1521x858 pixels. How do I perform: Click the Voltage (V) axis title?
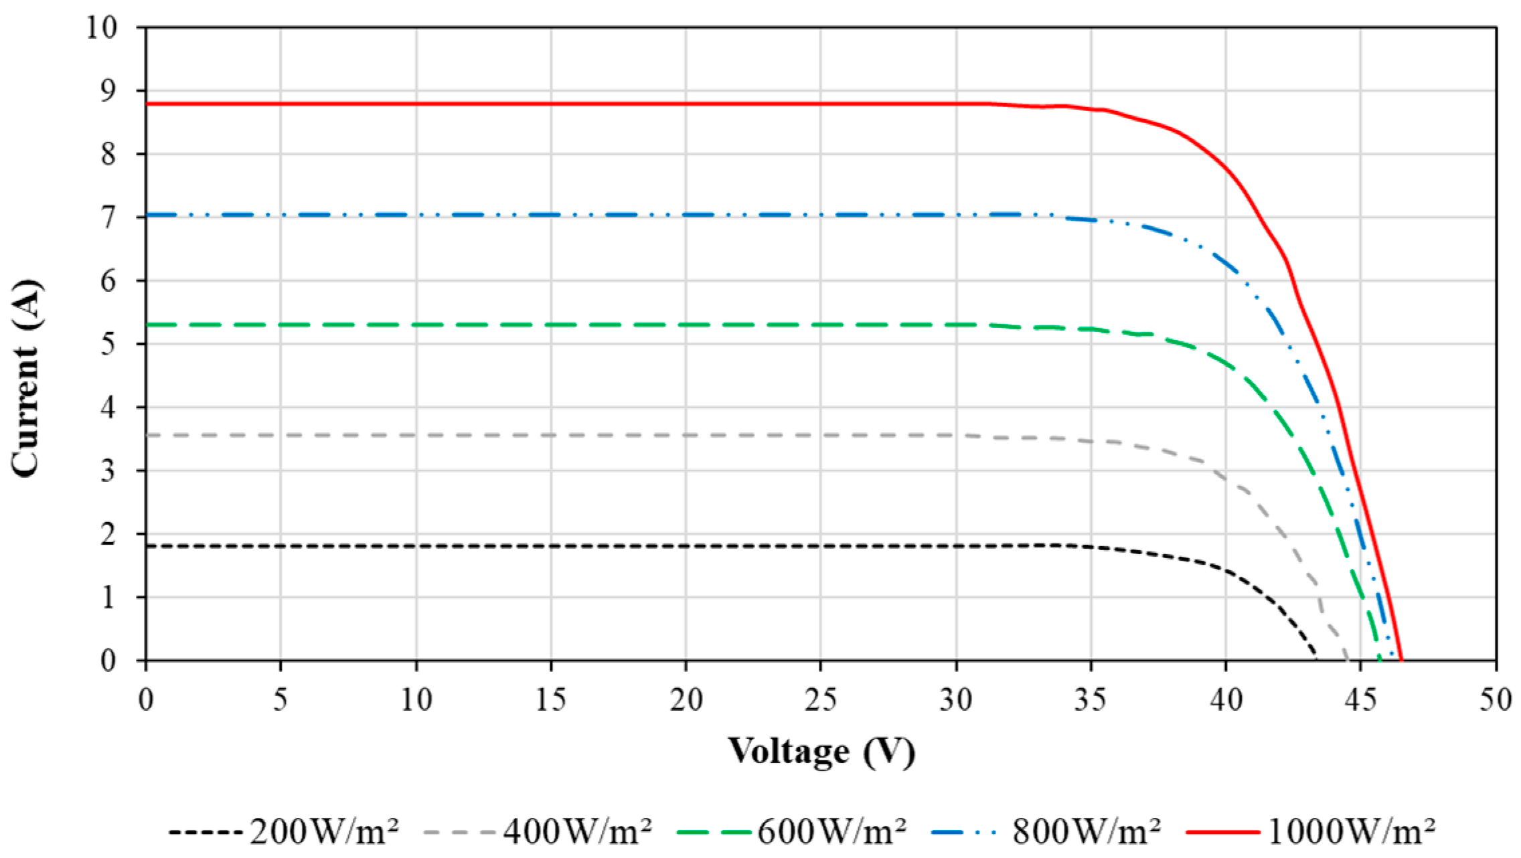point(821,751)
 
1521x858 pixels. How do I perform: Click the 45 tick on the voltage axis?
point(1360,700)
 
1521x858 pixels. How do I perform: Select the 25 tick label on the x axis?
point(821,700)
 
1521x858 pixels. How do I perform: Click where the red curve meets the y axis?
point(146,104)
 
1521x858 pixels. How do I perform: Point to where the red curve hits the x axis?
point(1401,660)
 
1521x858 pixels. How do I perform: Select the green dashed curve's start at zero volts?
point(146,325)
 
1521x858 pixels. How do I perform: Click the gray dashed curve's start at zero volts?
point(146,435)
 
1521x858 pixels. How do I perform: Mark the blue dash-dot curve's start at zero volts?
point(146,215)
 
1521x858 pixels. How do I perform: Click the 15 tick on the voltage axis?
point(551,700)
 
